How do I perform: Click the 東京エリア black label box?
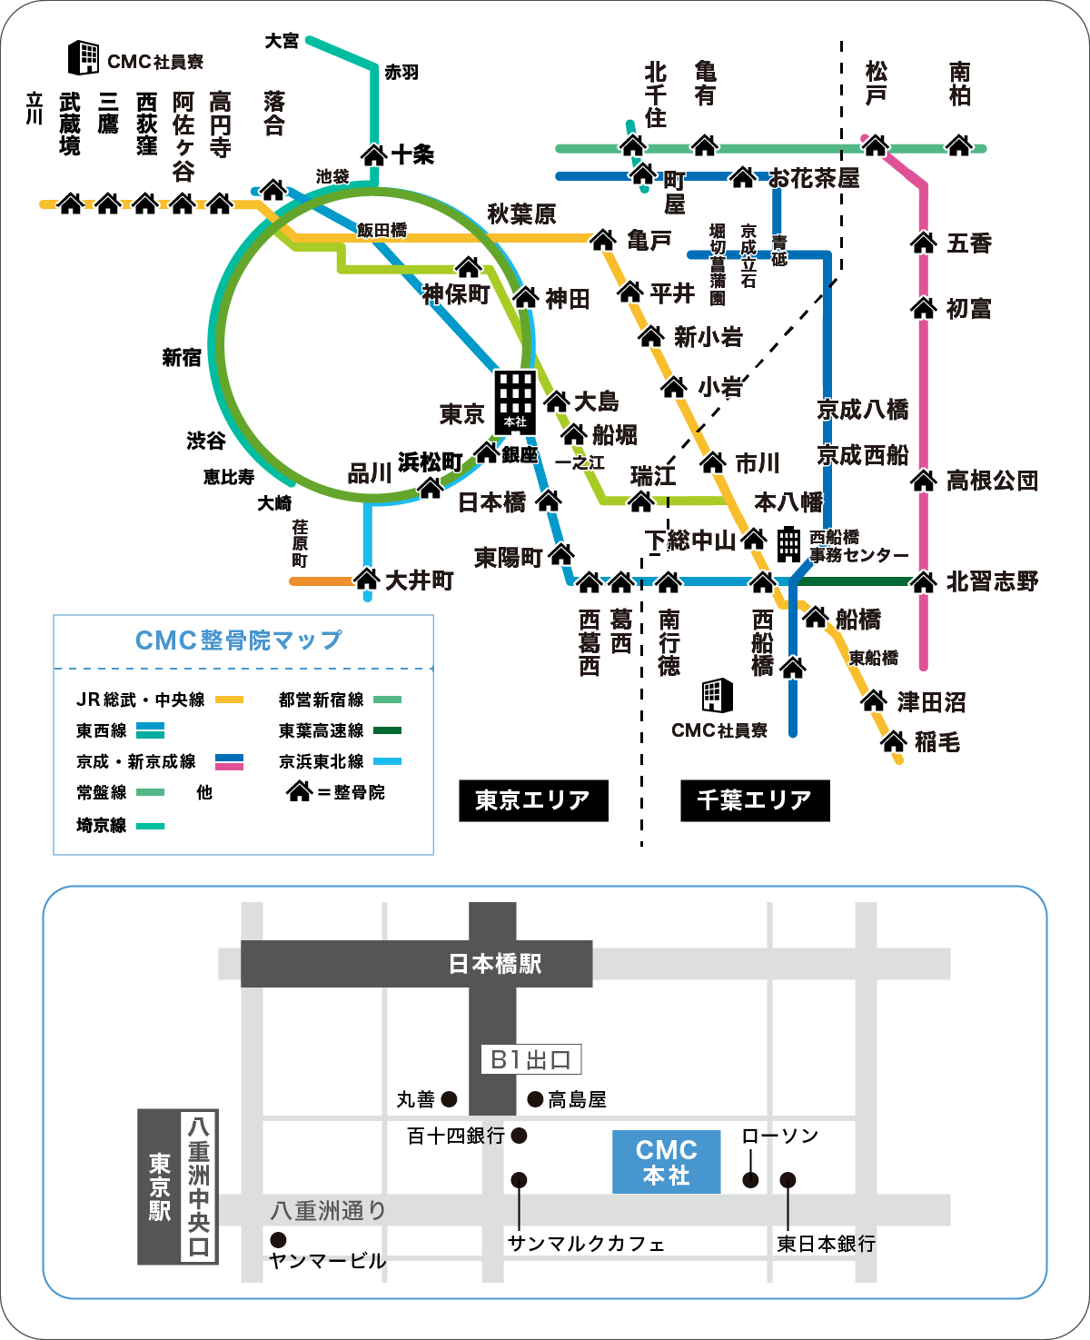pyautogui.click(x=533, y=800)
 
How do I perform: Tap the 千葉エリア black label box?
pyautogui.click(x=755, y=800)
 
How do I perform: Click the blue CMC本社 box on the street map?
pyautogui.click(x=666, y=1162)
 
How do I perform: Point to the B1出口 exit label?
pyautogui.click(x=530, y=1059)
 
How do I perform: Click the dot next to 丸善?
pyautogui.click(x=449, y=1099)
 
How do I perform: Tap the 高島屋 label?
pyautogui.click(x=577, y=1100)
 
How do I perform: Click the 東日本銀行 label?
pyautogui.click(x=826, y=1244)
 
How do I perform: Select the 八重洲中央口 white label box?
pyautogui.click(x=199, y=1186)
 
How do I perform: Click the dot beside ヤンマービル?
pyautogui.click(x=278, y=1240)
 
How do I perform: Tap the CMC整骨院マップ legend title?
pyautogui.click(x=239, y=640)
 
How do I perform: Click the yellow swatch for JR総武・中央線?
pyautogui.click(x=229, y=700)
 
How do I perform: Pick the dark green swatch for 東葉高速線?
pyautogui.click(x=387, y=730)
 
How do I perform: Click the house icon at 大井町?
pyautogui.click(x=366, y=578)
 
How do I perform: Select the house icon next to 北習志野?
pyautogui.click(x=924, y=581)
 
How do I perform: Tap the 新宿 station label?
pyautogui.click(x=182, y=358)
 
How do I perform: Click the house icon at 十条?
pyautogui.click(x=374, y=154)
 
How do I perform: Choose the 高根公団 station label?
pyautogui.click(x=992, y=481)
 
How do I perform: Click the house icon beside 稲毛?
pyautogui.click(x=894, y=742)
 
